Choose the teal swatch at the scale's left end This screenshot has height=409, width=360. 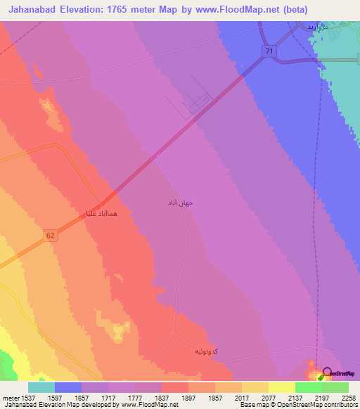41,387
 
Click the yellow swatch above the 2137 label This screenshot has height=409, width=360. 282,387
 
